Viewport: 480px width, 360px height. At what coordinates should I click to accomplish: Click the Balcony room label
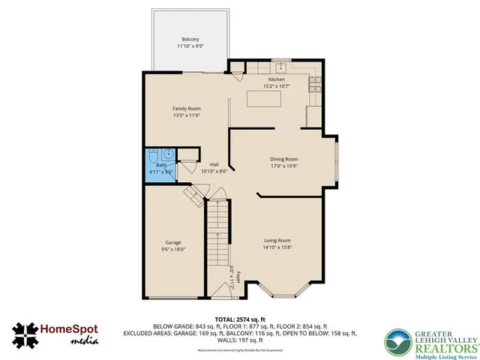190,39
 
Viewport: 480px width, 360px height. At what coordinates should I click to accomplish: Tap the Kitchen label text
277,79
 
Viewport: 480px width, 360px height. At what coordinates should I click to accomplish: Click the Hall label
214,164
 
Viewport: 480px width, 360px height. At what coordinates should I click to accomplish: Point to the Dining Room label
284,159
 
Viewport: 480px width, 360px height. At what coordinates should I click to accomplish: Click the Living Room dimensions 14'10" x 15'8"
277,247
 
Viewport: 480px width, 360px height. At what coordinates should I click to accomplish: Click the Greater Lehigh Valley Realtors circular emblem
399,341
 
